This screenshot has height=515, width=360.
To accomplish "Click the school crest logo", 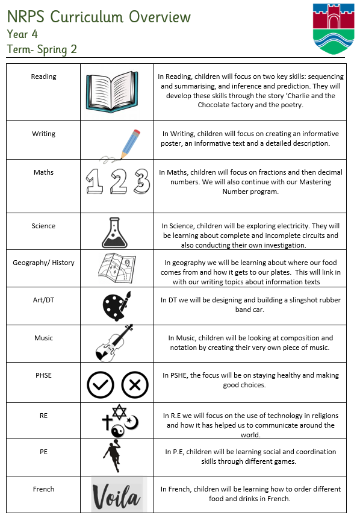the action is coord(334,28).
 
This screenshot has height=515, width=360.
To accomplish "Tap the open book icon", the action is coord(112,92).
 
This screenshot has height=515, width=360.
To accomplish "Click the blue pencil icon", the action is coord(130,144).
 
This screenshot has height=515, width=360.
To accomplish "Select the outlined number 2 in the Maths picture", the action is coord(118,181).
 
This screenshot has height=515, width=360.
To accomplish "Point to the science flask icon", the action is coord(114,233).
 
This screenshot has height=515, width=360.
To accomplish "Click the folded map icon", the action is coord(117,267).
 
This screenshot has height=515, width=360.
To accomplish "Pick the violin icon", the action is coord(114,343).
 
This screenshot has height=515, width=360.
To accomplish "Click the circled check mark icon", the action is coord(101,385).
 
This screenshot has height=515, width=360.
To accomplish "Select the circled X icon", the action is coord(135,385).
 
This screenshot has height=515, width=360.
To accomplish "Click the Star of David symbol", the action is coord(119,412).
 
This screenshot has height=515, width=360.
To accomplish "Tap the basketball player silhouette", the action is coord(113,457).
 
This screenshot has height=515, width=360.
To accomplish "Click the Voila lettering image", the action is coord(117,495).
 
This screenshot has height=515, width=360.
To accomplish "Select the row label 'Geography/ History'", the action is coord(44,263).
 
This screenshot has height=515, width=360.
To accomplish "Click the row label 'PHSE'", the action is coord(44,375).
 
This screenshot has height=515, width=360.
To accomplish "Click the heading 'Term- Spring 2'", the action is coord(42,49).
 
